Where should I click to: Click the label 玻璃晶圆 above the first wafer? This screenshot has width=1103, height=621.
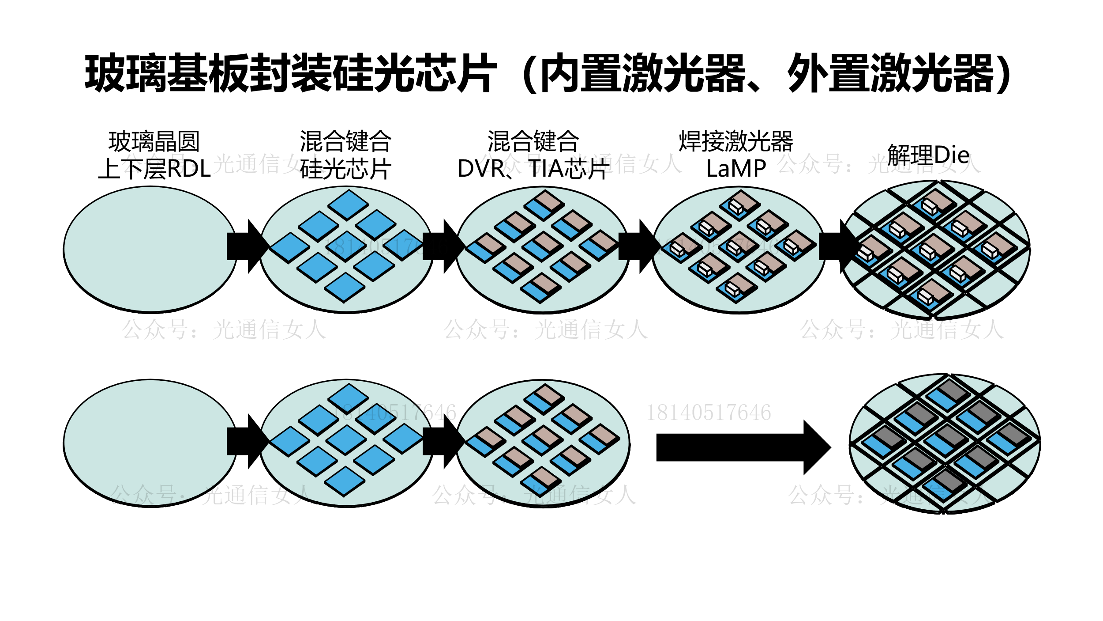point(154,141)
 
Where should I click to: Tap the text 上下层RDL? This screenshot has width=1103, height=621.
point(154,169)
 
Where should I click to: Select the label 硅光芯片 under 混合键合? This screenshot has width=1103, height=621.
point(345,169)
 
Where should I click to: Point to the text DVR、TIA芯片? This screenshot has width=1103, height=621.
point(533,169)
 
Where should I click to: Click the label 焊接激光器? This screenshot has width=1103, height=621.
point(735,141)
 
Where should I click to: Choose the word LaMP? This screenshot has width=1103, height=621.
point(736,169)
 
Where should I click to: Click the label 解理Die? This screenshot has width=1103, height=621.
point(928,155)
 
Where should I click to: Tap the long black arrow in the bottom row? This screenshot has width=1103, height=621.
point(741,447)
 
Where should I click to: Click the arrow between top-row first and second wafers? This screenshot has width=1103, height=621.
point(247,246)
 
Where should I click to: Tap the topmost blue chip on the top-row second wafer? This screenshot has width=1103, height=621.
point(348,205)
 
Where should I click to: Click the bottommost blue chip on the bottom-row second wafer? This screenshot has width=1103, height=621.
point(345,481)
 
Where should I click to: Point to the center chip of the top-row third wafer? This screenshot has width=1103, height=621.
point(542,246)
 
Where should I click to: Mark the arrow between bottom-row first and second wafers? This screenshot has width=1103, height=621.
point(247,441)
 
